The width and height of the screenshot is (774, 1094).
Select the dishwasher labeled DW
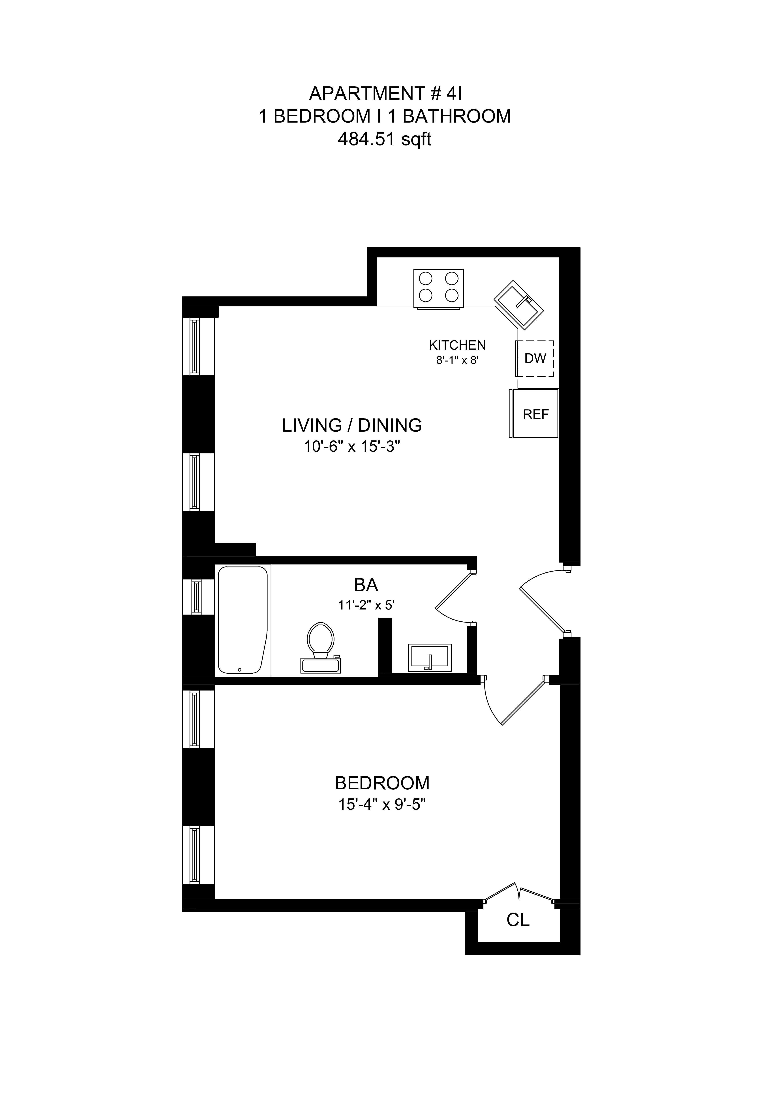[535, 358]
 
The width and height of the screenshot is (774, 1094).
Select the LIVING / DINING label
[352, 425]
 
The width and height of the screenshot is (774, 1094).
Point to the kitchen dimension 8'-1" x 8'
[457, 360]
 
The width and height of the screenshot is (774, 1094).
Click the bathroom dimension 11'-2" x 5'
[366, 605]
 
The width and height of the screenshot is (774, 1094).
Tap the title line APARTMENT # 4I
[385, 93]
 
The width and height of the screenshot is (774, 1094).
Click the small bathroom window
[195, 596]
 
